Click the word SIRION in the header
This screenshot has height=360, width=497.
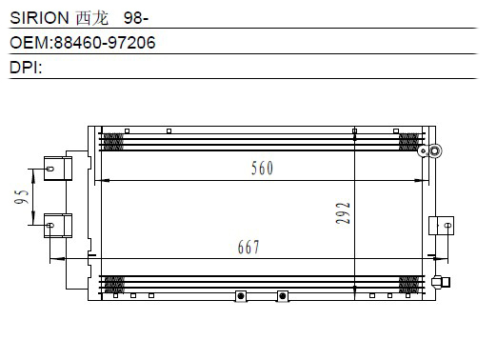[39, 18]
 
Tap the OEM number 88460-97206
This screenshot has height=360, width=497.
[105, 43]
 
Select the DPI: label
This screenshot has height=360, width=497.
[26, 68]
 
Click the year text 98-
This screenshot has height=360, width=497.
[136, 18]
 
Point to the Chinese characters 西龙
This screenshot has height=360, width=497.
[92, 18]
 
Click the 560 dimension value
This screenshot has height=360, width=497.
[262, 169]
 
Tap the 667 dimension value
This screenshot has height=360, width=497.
[248, 248]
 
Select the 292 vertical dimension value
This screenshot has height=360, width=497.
[343, 213]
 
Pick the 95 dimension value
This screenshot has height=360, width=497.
[22, 197]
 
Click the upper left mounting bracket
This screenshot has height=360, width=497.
[58, 169]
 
